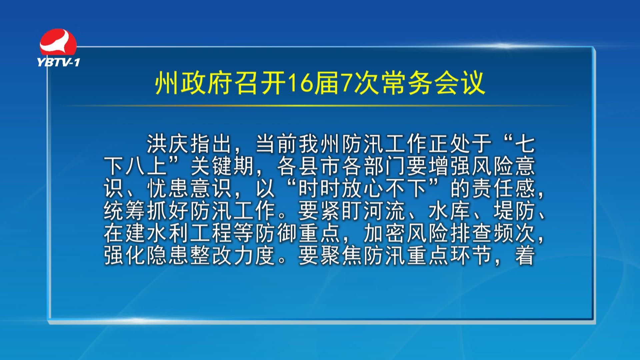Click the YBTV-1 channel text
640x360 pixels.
[58, 62]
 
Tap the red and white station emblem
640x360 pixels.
[58, 42]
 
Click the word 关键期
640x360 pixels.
[222, 166]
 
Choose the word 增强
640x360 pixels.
[450, 166]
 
